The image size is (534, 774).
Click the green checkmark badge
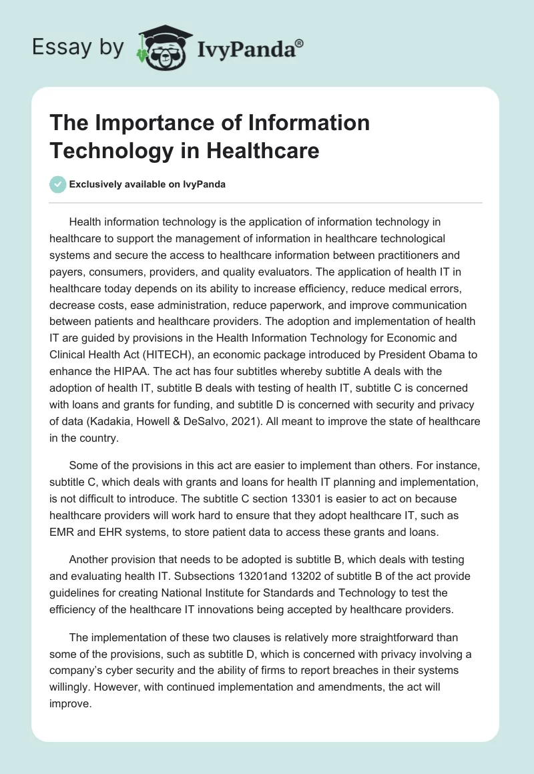(x=58, y=184)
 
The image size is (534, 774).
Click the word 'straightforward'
(x=364, y=638)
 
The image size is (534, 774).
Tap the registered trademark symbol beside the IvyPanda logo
(x=300, y=42)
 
